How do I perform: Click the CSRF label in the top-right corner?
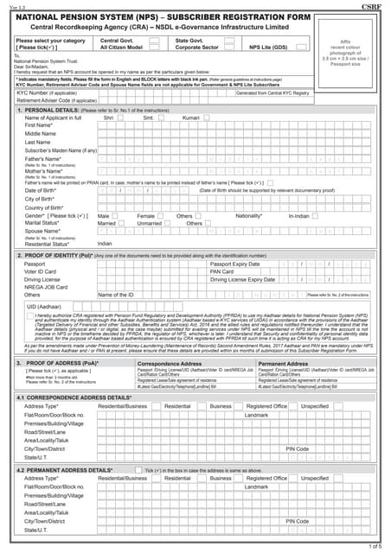tap(374, 6)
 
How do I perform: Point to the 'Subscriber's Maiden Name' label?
tap(61, 151)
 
